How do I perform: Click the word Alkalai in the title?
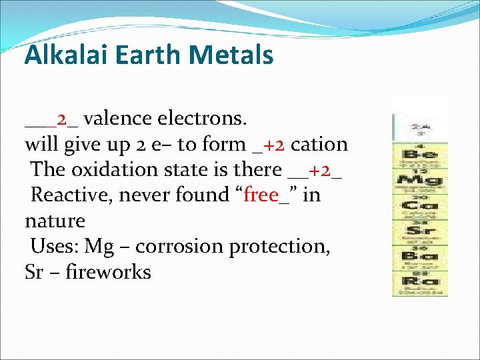60,55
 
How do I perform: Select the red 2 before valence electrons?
63,119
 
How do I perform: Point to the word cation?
319,144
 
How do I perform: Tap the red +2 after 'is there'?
320,169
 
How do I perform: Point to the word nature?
55,221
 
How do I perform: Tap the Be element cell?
419,155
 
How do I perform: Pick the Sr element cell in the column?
419,231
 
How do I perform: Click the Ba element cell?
419,256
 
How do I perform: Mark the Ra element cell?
419,281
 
